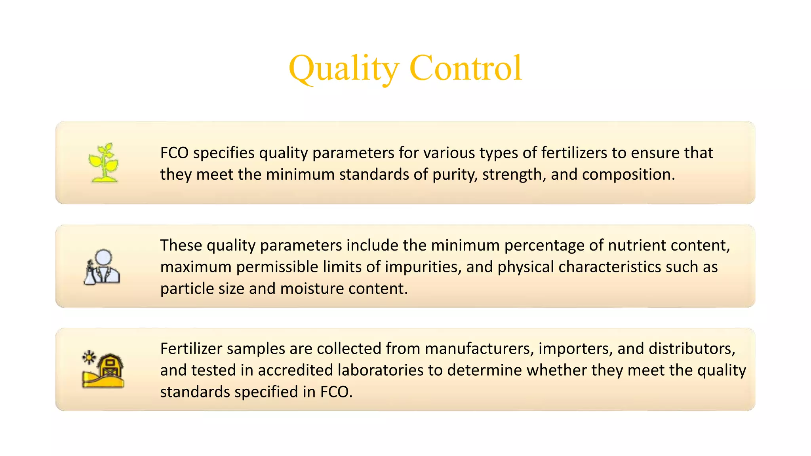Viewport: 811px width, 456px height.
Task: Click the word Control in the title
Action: [x=465, y=68]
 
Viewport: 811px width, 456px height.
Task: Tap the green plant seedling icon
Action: [x=104, y=163]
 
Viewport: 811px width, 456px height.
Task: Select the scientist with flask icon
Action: [x=102, y=267]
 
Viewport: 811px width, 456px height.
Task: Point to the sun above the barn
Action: [x=89, y=357]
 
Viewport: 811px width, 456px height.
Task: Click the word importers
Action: [x=575, y=349]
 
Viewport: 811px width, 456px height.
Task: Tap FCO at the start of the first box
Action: [x=174, y=153]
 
